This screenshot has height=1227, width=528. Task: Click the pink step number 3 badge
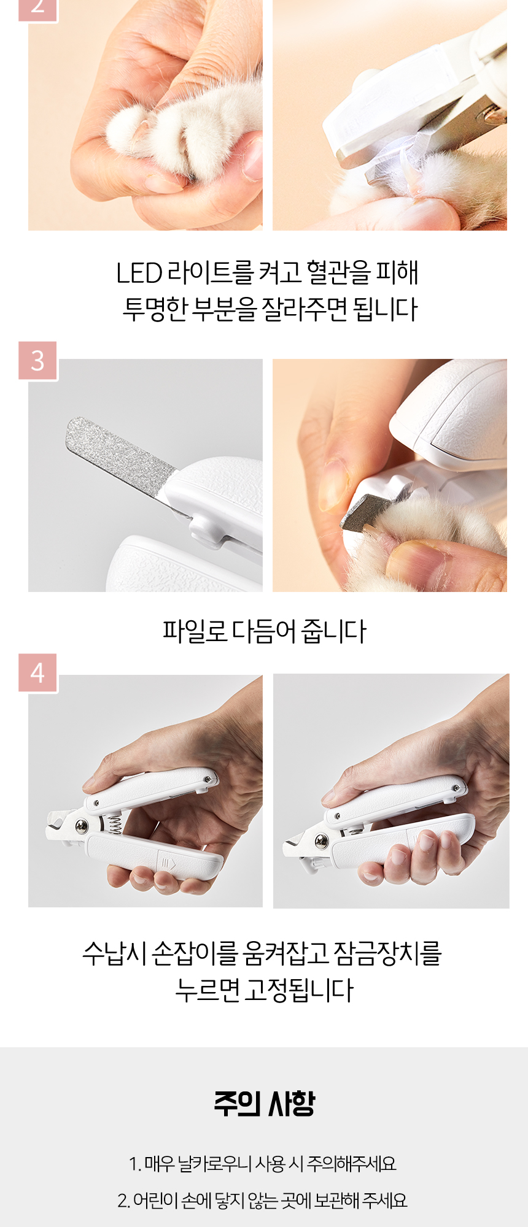[37, 361]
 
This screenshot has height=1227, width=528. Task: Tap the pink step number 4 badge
[37, 673]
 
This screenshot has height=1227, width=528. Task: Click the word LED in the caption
[139, 273]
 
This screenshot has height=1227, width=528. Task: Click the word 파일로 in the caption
[195, 631]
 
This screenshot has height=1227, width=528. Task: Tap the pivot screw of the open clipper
[81, 826]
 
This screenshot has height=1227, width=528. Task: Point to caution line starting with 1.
[263, 1164]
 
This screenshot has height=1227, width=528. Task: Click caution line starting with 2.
[263, 1201]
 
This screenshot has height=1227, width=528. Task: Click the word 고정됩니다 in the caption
[299, 990]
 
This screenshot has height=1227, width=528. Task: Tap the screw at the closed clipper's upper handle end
[456, 787]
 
